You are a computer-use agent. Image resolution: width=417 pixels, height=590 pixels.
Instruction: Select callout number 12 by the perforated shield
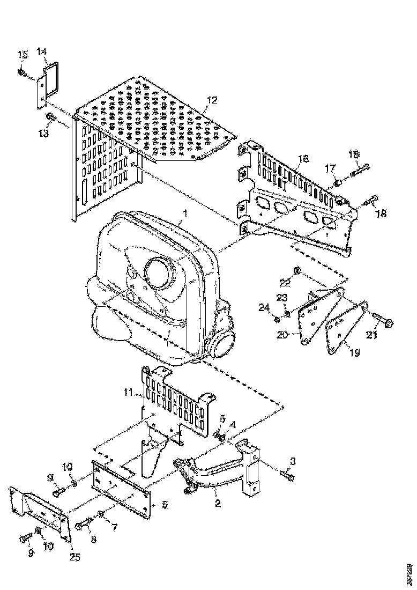tap(212, 100)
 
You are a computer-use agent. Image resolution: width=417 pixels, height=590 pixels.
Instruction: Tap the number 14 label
tap(42, 51)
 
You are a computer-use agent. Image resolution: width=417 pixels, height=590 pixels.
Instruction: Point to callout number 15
tap(23, 55)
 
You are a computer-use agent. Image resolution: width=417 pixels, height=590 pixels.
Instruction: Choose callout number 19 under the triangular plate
tap(355, 353)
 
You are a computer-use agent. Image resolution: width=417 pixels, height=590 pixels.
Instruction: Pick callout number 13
tap(43, 132)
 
